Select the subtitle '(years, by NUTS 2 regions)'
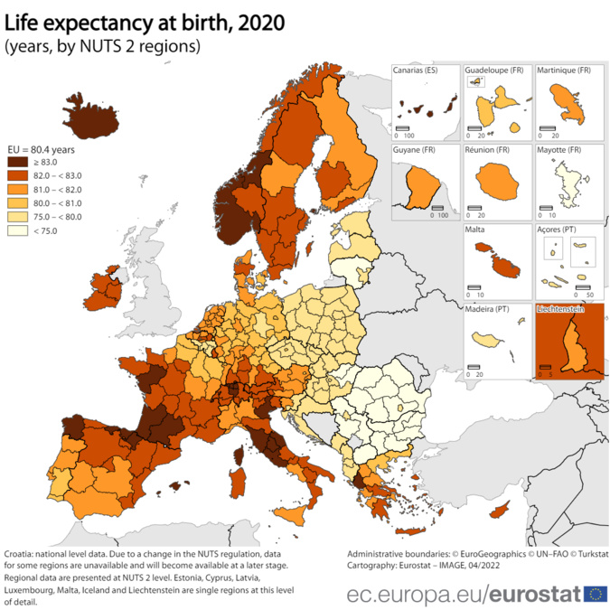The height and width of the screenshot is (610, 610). click(102, 45)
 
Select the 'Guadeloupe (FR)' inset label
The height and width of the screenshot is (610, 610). click(493, 70)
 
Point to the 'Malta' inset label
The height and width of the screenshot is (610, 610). click(475, 230)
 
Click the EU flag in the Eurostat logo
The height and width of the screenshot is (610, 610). click(596, 593)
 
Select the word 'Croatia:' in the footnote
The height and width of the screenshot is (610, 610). click(22, 552)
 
